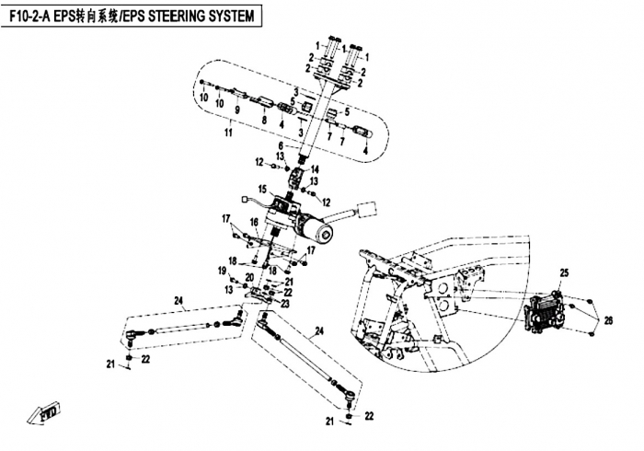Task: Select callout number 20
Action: pos(248,277)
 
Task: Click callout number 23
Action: pos(286,303)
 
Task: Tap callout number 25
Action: pos(566,272)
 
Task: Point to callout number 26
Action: pos(606,319)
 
